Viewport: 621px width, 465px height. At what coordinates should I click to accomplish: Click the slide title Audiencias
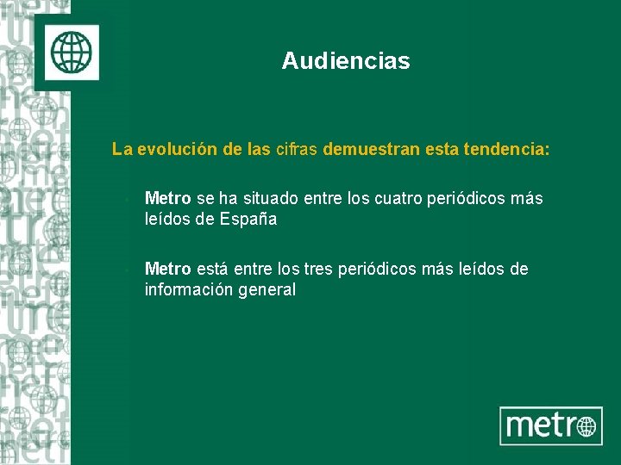[x=345, y=61]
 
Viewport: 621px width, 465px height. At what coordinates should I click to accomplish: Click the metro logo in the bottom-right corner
[x=550, y=425]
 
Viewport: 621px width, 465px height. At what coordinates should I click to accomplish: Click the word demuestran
[x=363, y=150]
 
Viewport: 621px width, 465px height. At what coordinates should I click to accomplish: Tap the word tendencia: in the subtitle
[x=505, y=150]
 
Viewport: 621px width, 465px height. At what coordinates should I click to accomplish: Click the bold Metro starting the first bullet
[x=167, y=199]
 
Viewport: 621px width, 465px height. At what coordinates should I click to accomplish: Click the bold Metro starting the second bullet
[x=167, y=270]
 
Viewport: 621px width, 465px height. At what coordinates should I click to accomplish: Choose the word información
[x=190, y=289]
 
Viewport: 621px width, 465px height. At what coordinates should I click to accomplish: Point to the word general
[x=267, y=289]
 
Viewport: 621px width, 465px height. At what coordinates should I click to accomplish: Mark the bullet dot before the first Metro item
[x=126, y=201]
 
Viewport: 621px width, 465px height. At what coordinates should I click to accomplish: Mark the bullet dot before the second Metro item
[x=126, y=271]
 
